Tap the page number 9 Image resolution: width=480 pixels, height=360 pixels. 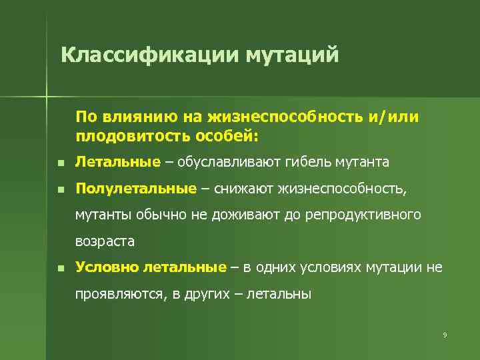(x=444, y=334)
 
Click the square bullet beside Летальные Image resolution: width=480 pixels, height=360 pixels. (x=59, y=163)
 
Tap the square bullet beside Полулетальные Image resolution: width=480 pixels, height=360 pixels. (x=59, y=190)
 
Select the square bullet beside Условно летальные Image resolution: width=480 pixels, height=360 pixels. (x=59, y=268)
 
